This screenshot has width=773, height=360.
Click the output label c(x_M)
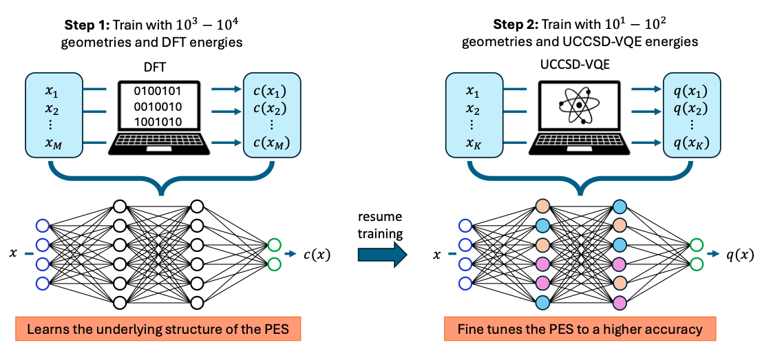coord(266,142)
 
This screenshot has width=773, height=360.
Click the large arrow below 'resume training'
coord(383,255)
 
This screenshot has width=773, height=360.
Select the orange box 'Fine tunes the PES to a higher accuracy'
coord(580,329)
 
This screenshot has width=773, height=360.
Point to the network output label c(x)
coord(317,255)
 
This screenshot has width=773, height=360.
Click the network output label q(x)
coord(739,255)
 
